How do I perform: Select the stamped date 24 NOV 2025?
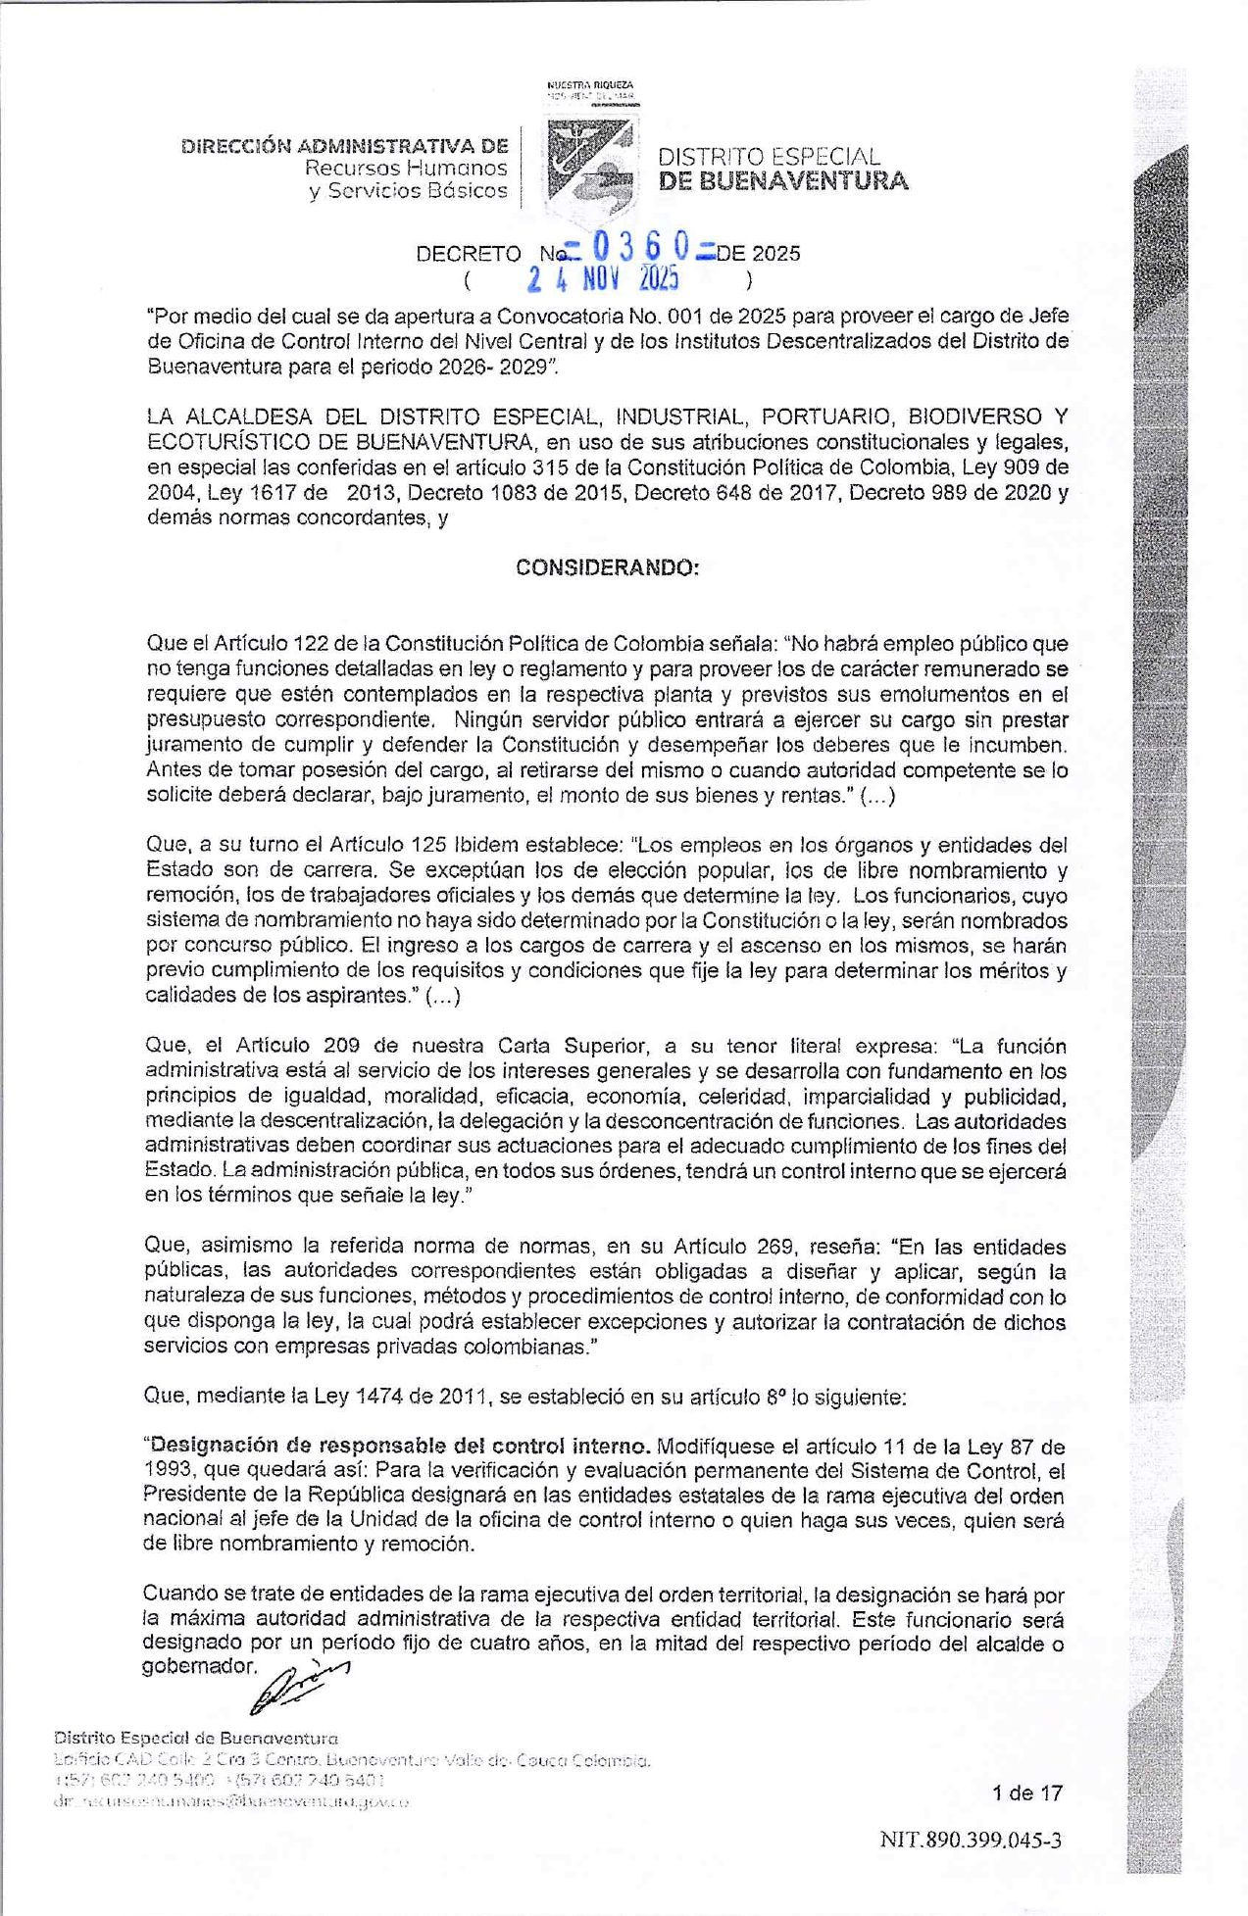tap(603, 280)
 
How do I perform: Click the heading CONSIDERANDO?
tap(608, 568)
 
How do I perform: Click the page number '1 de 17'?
tap(1026, 1793)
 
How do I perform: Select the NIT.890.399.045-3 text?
tap(971, 1840)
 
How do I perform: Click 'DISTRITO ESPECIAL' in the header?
tap(769, 157)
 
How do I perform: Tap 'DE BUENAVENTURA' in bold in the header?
tap(783, 181)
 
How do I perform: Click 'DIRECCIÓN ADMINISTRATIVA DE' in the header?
tap(345, 146)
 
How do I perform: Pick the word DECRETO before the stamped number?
tap(469, 254)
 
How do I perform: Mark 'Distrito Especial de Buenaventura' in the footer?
tap(196, 1738)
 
